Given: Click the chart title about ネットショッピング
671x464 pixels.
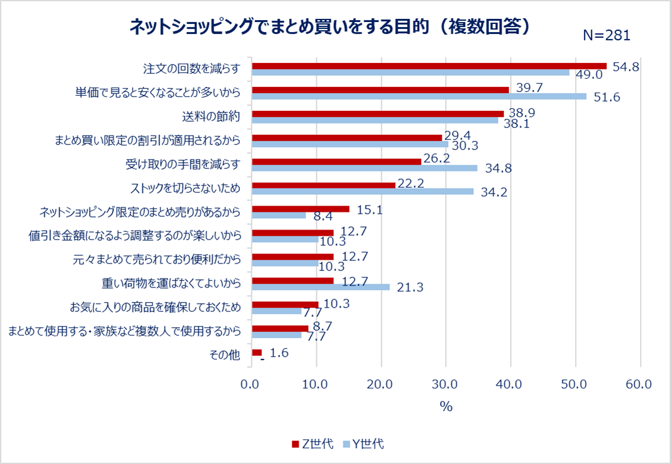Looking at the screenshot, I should click(x=328, y=26).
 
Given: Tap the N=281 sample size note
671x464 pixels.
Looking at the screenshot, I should click(x=606, y=36).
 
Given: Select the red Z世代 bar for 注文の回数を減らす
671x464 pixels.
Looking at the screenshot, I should click(x=429, y=66).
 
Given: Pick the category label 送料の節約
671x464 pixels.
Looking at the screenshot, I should click(x=211, y=117).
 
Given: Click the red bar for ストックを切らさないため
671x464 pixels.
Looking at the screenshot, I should click(x=323, y=185).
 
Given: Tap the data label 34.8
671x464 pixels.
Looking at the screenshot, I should click(x=498, y=168).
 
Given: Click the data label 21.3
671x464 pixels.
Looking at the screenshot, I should click(x=410, y=287).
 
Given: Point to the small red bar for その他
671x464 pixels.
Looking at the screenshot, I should click(x=256, y=352).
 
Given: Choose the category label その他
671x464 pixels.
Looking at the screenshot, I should click(x=225, y=355).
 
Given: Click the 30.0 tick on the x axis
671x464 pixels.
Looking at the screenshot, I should click(x=446, y=384).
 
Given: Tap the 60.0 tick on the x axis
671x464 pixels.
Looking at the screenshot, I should click(x=640, y=384).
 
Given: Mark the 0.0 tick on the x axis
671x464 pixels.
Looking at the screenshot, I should click(x=252, y=384).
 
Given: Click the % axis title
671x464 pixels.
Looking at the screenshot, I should click(x=446, y=407).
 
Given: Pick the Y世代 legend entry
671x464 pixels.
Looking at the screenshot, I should click(x=363, y=444).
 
